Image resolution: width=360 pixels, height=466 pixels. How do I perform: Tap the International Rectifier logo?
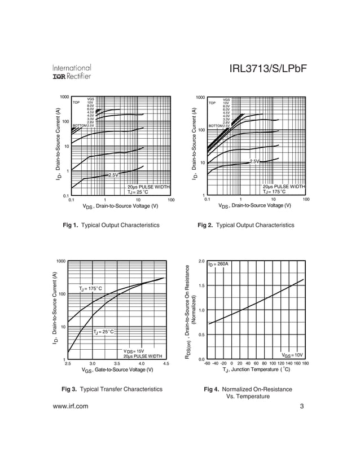click(72, 72)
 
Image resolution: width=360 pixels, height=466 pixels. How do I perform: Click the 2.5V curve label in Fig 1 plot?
click(113, 175)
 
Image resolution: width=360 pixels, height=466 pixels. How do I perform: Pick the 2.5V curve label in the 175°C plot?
click(254, 162)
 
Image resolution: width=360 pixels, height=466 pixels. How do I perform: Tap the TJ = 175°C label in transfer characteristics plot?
click(90, 289)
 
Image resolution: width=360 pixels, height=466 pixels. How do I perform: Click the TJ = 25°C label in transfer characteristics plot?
click(103, 332)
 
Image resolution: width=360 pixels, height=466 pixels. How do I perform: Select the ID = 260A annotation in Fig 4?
click(218, 264)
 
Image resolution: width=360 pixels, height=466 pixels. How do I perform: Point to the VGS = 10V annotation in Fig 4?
click(292, 355)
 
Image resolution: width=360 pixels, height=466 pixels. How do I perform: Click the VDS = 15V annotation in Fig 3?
click(134, 351)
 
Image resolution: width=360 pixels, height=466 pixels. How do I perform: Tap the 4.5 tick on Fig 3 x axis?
click(166, 364)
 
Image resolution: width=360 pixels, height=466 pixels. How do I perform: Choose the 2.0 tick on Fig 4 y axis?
click(201, 261)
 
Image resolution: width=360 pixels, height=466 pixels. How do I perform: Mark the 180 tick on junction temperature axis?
click(305, 364)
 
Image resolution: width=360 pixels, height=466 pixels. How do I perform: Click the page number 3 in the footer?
click(302, 406)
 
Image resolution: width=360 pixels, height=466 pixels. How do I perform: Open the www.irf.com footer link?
click(70, 406)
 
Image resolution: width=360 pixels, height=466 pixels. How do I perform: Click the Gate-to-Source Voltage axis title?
click(117, 370)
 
